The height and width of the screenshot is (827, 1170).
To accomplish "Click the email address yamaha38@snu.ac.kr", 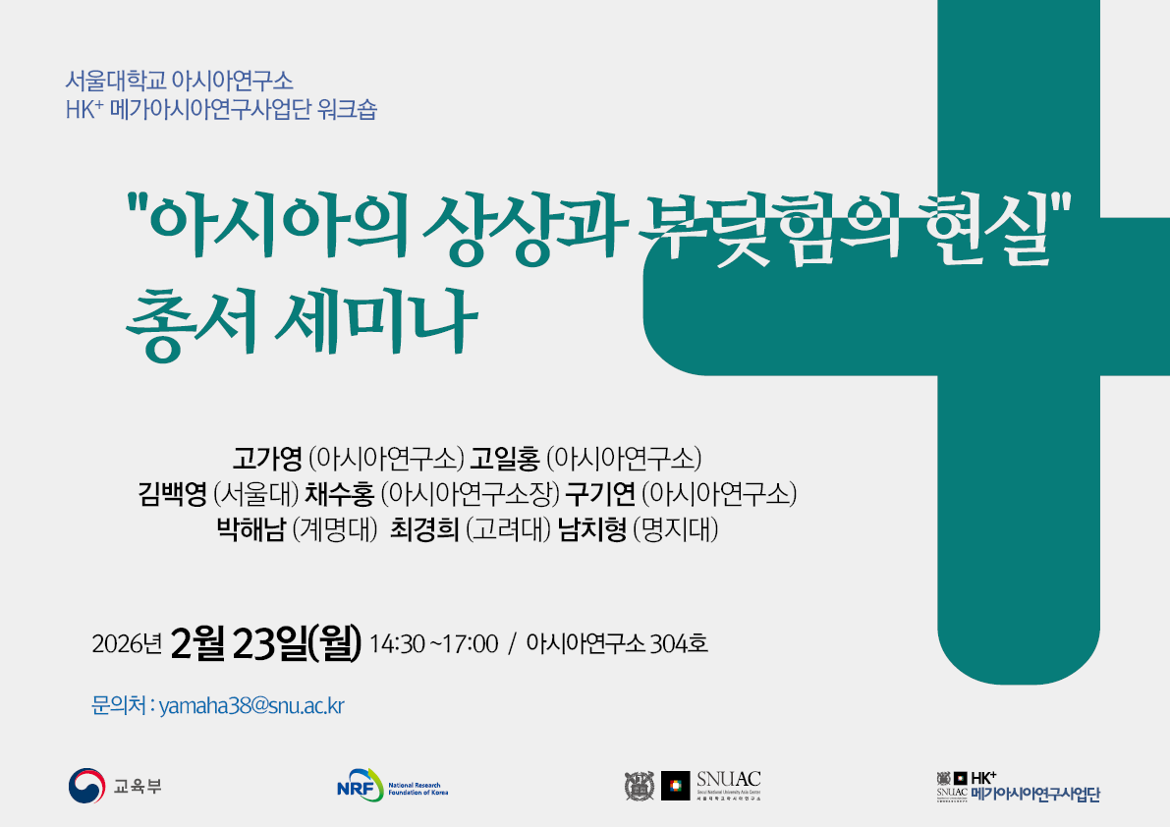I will (251, 706).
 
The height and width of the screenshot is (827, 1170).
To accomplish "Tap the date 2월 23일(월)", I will (266, 643).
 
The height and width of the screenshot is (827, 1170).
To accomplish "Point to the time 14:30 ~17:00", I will (434, 644).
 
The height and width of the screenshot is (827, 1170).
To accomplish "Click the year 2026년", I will (126, 645).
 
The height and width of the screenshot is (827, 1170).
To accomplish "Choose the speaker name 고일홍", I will (505, 458).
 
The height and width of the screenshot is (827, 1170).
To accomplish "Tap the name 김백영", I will (173, 494).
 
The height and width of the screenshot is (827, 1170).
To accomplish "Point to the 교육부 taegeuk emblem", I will (85, 786).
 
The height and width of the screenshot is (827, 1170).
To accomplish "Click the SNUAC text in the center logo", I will (728, 780).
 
